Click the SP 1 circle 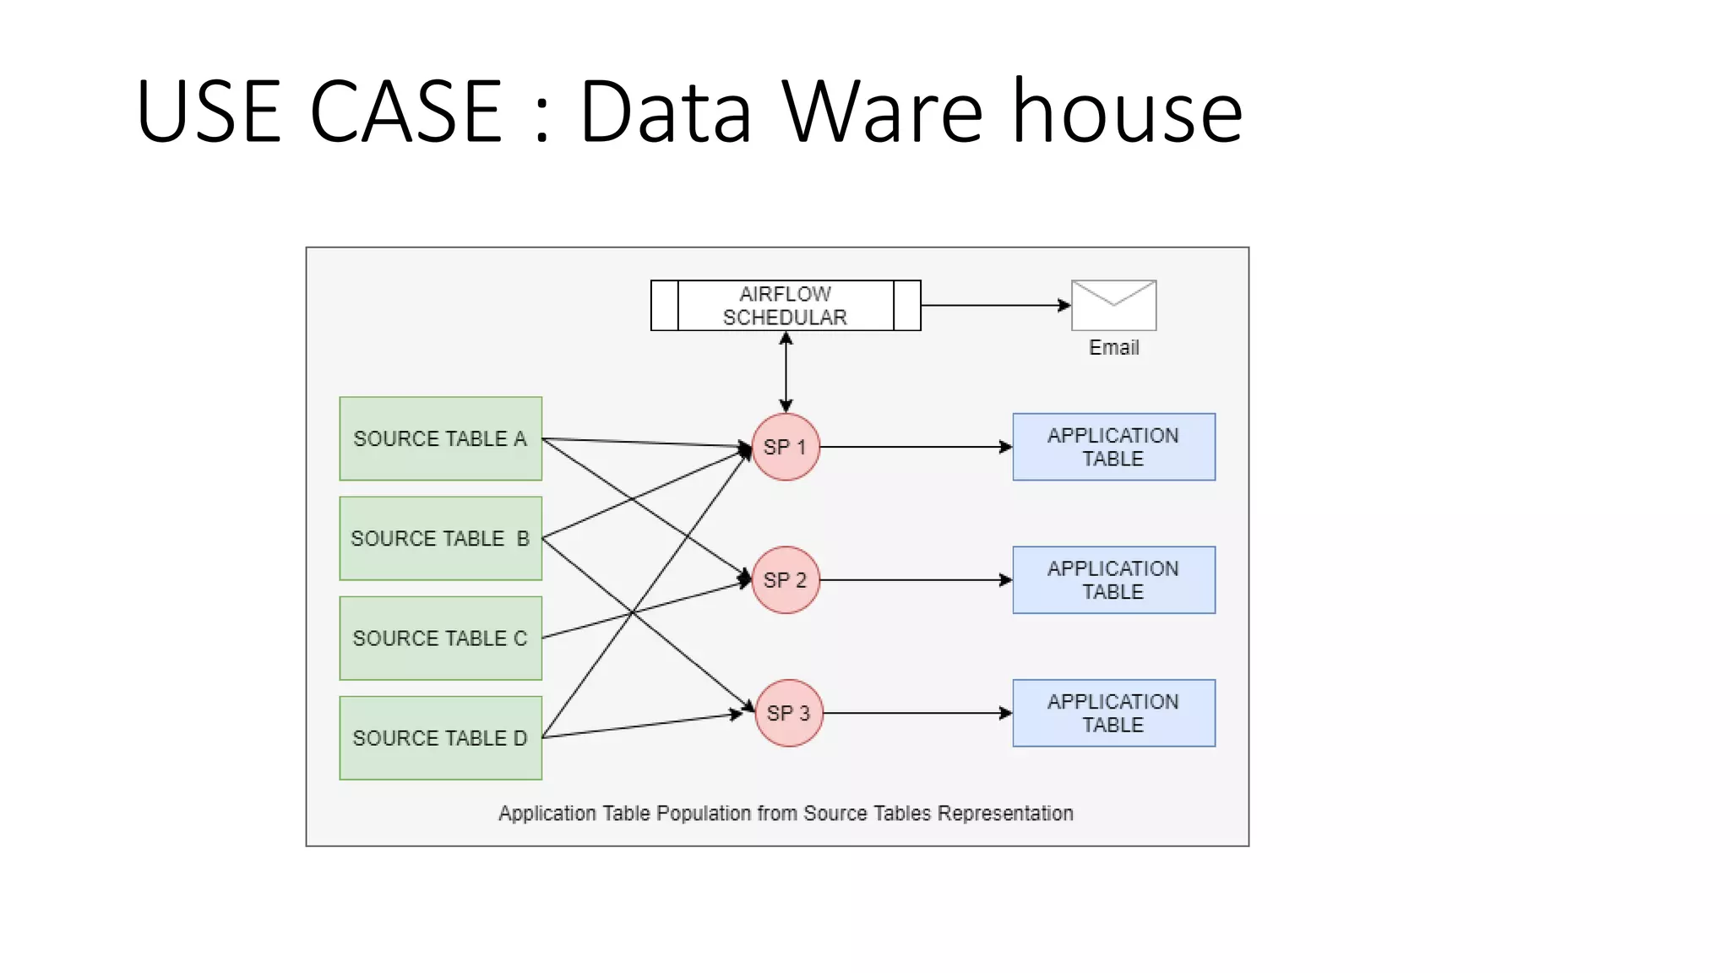[786, 447]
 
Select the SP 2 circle [786, 580]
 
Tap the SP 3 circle [788, 713]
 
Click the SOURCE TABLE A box [440, 438]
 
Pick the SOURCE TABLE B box [440, 538]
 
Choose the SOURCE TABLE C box [440, 638]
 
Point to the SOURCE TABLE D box [440, 737]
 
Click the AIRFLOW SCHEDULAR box [785, 306]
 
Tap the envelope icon [1113, 305]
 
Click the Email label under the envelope [1113, 347]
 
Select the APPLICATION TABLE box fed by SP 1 [1113, 447]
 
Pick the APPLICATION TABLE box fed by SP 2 [1113, 580]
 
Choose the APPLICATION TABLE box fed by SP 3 [1113, 713]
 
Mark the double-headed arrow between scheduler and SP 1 [786, 372]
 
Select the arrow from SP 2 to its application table [916, 580]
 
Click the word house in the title [1127, 111]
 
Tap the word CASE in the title [405, 111]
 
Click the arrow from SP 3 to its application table [917, 713]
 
